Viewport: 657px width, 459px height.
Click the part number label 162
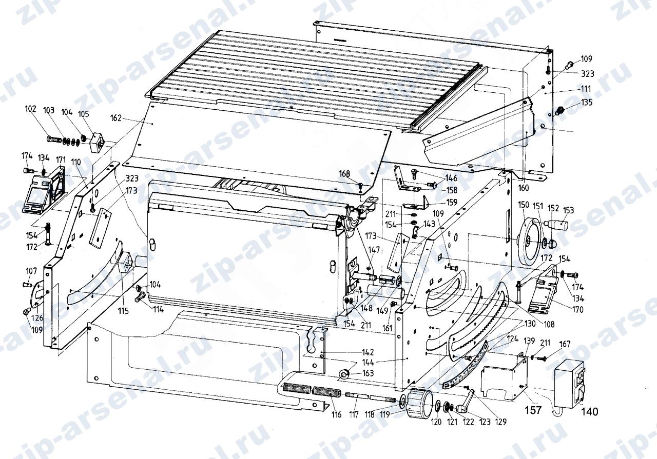point(116,118)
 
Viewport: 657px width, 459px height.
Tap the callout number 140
point(589,412)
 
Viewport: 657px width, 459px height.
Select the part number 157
point(533,410)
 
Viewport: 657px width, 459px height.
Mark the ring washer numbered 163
point(343,373)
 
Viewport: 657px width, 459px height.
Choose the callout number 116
point(336,414)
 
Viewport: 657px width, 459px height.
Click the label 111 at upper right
point(586,89)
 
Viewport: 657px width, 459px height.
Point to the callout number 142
point(368,352)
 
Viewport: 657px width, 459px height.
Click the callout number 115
point(124,311)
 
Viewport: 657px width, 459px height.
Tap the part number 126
point(37,318)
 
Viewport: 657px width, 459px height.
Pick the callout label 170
point(578,310)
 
